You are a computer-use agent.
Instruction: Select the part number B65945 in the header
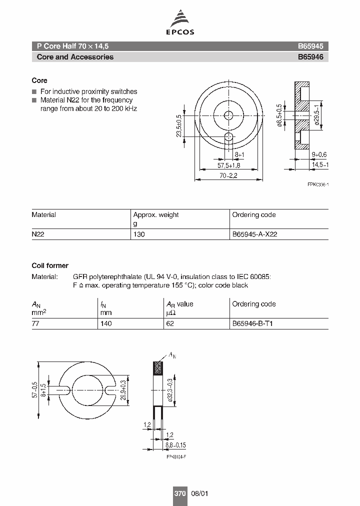[310, 45]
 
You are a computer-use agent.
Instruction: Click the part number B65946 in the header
[310, 57]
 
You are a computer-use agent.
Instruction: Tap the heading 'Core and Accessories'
[75, 57]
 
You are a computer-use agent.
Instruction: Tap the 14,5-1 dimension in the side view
[318, 164]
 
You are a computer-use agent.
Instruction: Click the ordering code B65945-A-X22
[254, 234]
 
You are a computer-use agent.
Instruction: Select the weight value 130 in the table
[139, 234]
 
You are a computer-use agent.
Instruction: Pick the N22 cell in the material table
[38, 234]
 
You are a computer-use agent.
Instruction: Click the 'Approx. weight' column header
[155, 215]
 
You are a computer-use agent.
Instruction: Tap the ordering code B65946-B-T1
[252, 323]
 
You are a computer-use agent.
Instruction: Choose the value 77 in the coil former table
[36, 323]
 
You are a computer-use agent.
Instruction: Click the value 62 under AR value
[170, 323]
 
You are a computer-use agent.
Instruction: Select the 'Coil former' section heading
[50, 265]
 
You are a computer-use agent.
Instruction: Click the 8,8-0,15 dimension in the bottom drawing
[175, 444]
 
